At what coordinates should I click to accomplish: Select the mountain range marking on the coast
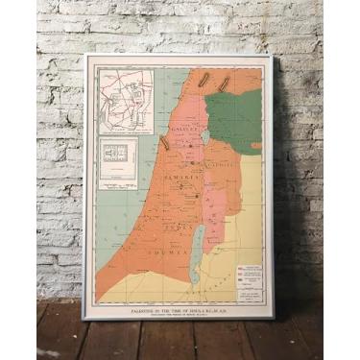click(164, 144)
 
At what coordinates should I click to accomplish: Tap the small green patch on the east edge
click(256, 146)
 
